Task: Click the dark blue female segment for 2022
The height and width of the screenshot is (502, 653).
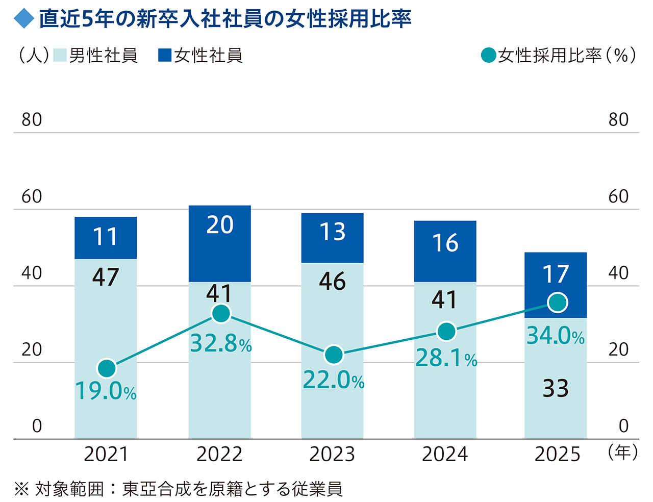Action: [x=219, y=243]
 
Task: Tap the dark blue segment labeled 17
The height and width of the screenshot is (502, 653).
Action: [x=556, y=275]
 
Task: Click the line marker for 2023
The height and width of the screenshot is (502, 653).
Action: [x=334, y=355]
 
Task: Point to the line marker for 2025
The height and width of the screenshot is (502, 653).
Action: [x=558, y=303]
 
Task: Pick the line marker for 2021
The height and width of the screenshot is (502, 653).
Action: [x=107, y=368]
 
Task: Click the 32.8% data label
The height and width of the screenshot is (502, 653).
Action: [x=221, y=344]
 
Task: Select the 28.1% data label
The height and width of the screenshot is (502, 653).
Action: [x=446, y=358]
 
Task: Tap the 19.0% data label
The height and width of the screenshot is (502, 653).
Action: [x=106, y=391]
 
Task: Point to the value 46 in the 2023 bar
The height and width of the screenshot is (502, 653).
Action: [x=332, y=282]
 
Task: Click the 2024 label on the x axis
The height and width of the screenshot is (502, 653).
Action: [x=445, y=454]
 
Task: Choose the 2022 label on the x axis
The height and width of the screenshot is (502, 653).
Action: [x=219, y=454]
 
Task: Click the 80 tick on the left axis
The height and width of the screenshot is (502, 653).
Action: [x=32, y=120]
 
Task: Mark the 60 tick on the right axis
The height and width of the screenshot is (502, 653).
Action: [x=618, y=196]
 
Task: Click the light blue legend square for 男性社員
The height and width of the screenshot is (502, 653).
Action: [x=60, y=55]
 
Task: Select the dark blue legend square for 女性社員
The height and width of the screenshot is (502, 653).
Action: [x=165, y=55]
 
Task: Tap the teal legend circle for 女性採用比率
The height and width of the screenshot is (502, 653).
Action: [x=488, y=55]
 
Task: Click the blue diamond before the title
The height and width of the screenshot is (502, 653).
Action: [x=24, y=19]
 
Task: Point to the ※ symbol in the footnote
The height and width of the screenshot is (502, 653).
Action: [x=21, y=489]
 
